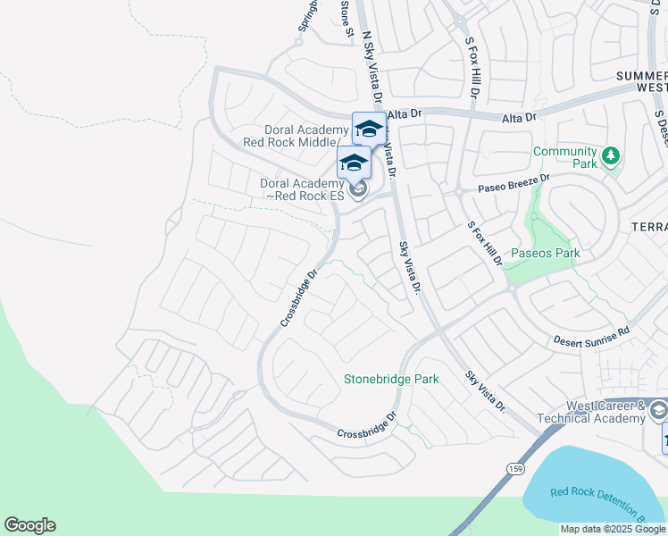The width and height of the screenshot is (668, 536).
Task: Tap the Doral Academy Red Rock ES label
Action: [x=301, y=189]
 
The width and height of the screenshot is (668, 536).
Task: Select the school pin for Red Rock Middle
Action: [x=369, y=129]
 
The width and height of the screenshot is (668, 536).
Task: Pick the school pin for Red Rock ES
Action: [x=354, y=163]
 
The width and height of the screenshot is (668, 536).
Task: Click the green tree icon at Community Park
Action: [x=611, y=156]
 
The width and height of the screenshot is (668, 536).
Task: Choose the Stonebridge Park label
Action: [x=391, y=379]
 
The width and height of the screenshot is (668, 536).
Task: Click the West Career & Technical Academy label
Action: [x=592, y=412]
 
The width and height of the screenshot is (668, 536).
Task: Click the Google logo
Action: [x=29, y=525]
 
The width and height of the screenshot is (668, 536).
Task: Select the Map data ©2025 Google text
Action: [x=612, y=529]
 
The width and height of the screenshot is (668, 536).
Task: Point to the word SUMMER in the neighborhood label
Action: [x=641, y=77]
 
